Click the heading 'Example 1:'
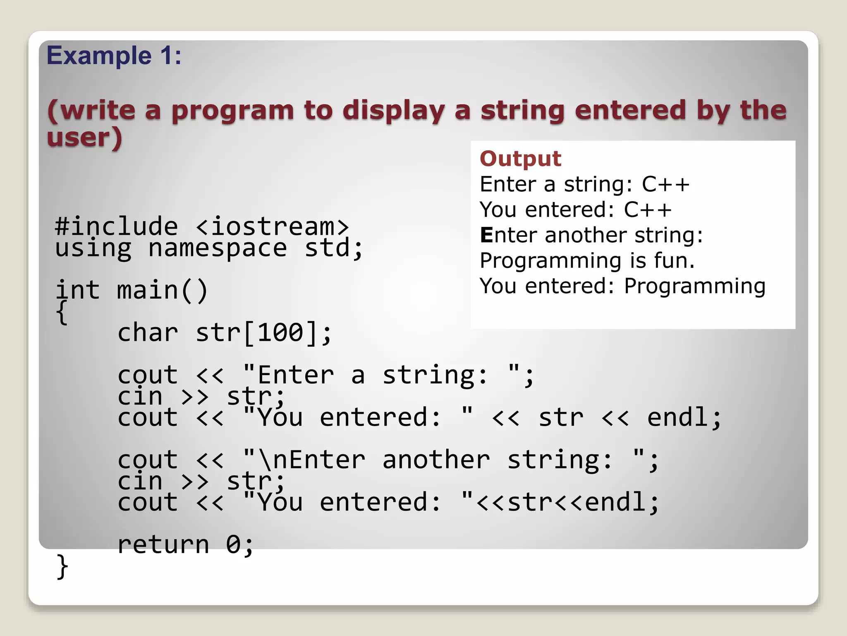[114, 55]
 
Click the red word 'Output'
[520, 159]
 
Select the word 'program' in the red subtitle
[232, 111]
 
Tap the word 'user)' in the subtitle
[84, 137]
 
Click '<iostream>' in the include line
[273, 226]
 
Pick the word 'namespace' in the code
[218, 248]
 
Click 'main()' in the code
[162, 290]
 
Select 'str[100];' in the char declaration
[263, 332]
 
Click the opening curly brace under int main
[62, 313]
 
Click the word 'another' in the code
[436, 460]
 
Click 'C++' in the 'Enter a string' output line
[665, 184]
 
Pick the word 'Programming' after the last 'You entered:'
[695, 286]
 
